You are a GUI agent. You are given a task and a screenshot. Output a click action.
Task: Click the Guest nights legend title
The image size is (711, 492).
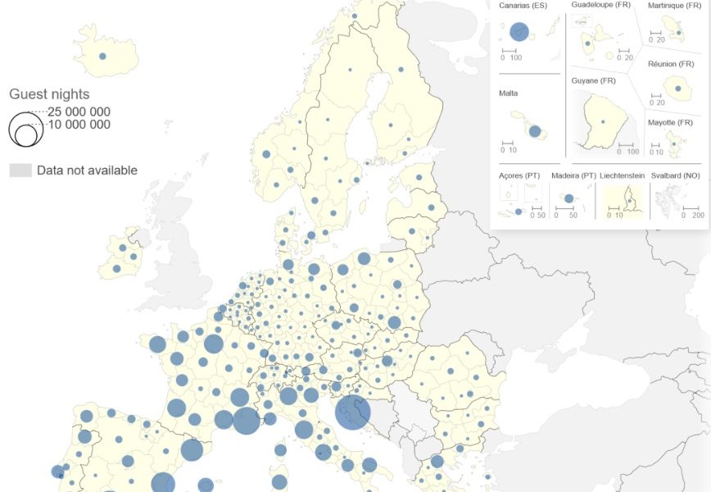tap(49, 94)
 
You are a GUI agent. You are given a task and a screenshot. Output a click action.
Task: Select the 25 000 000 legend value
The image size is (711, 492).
tap(79, 112)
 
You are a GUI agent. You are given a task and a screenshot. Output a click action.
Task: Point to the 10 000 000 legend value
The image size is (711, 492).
tap(79, 125)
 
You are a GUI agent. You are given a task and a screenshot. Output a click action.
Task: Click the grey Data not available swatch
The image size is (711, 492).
tap(20, 171)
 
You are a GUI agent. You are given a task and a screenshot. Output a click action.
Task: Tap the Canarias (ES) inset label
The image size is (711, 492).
tap(523, 6)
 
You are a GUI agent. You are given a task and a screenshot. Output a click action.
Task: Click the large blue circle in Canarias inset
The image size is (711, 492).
tap(519, 32)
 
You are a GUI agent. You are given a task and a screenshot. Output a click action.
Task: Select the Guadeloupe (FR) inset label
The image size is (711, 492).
tap(601, 5)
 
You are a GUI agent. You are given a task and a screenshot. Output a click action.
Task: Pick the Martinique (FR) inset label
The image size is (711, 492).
tap(675, 6)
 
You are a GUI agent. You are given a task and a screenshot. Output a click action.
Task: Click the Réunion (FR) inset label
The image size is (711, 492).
tap(673, 64)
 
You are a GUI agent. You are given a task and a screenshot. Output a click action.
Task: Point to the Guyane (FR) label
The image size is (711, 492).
tap(593, 80)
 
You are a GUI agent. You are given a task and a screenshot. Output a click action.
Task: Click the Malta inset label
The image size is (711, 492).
tap(508, 93)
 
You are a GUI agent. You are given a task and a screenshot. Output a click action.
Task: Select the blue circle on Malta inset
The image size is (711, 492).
tap(535, 130)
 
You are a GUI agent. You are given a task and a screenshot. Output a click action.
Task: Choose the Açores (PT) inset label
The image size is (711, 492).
tap(519, 175)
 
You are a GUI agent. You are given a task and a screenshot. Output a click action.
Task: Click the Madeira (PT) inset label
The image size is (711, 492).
tap(573, 175)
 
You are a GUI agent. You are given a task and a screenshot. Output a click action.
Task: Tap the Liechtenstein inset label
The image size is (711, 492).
tap(623, 175)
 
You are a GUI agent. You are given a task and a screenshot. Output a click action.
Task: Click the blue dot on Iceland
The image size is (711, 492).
tap(102, 57)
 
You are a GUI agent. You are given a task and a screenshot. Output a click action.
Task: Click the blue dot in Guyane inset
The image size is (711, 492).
tap(603, 122)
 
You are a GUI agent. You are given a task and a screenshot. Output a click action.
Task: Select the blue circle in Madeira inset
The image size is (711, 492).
tap(568, 198)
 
